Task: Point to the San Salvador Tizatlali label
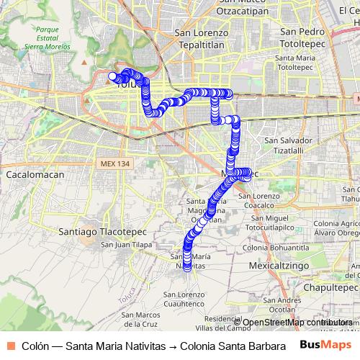(x=289, y=145)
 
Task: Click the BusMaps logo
(x=325, y=345)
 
